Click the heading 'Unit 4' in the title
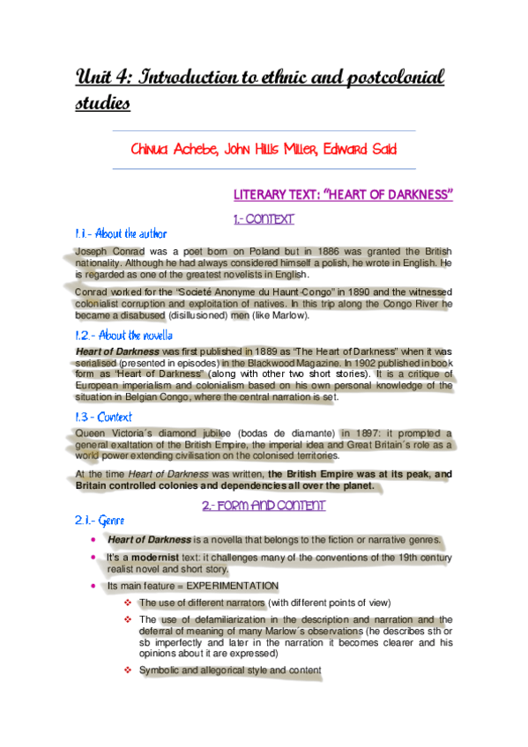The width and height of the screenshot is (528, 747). (107, 78)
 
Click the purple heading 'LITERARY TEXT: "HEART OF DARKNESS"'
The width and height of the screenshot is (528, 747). (343, 194)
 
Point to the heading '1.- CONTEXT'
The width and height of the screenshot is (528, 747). (264, 218)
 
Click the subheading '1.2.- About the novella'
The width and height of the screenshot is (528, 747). (123, 335)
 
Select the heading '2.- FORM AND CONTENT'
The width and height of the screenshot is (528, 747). (264, 506)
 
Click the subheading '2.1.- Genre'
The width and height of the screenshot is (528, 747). (98, 521)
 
